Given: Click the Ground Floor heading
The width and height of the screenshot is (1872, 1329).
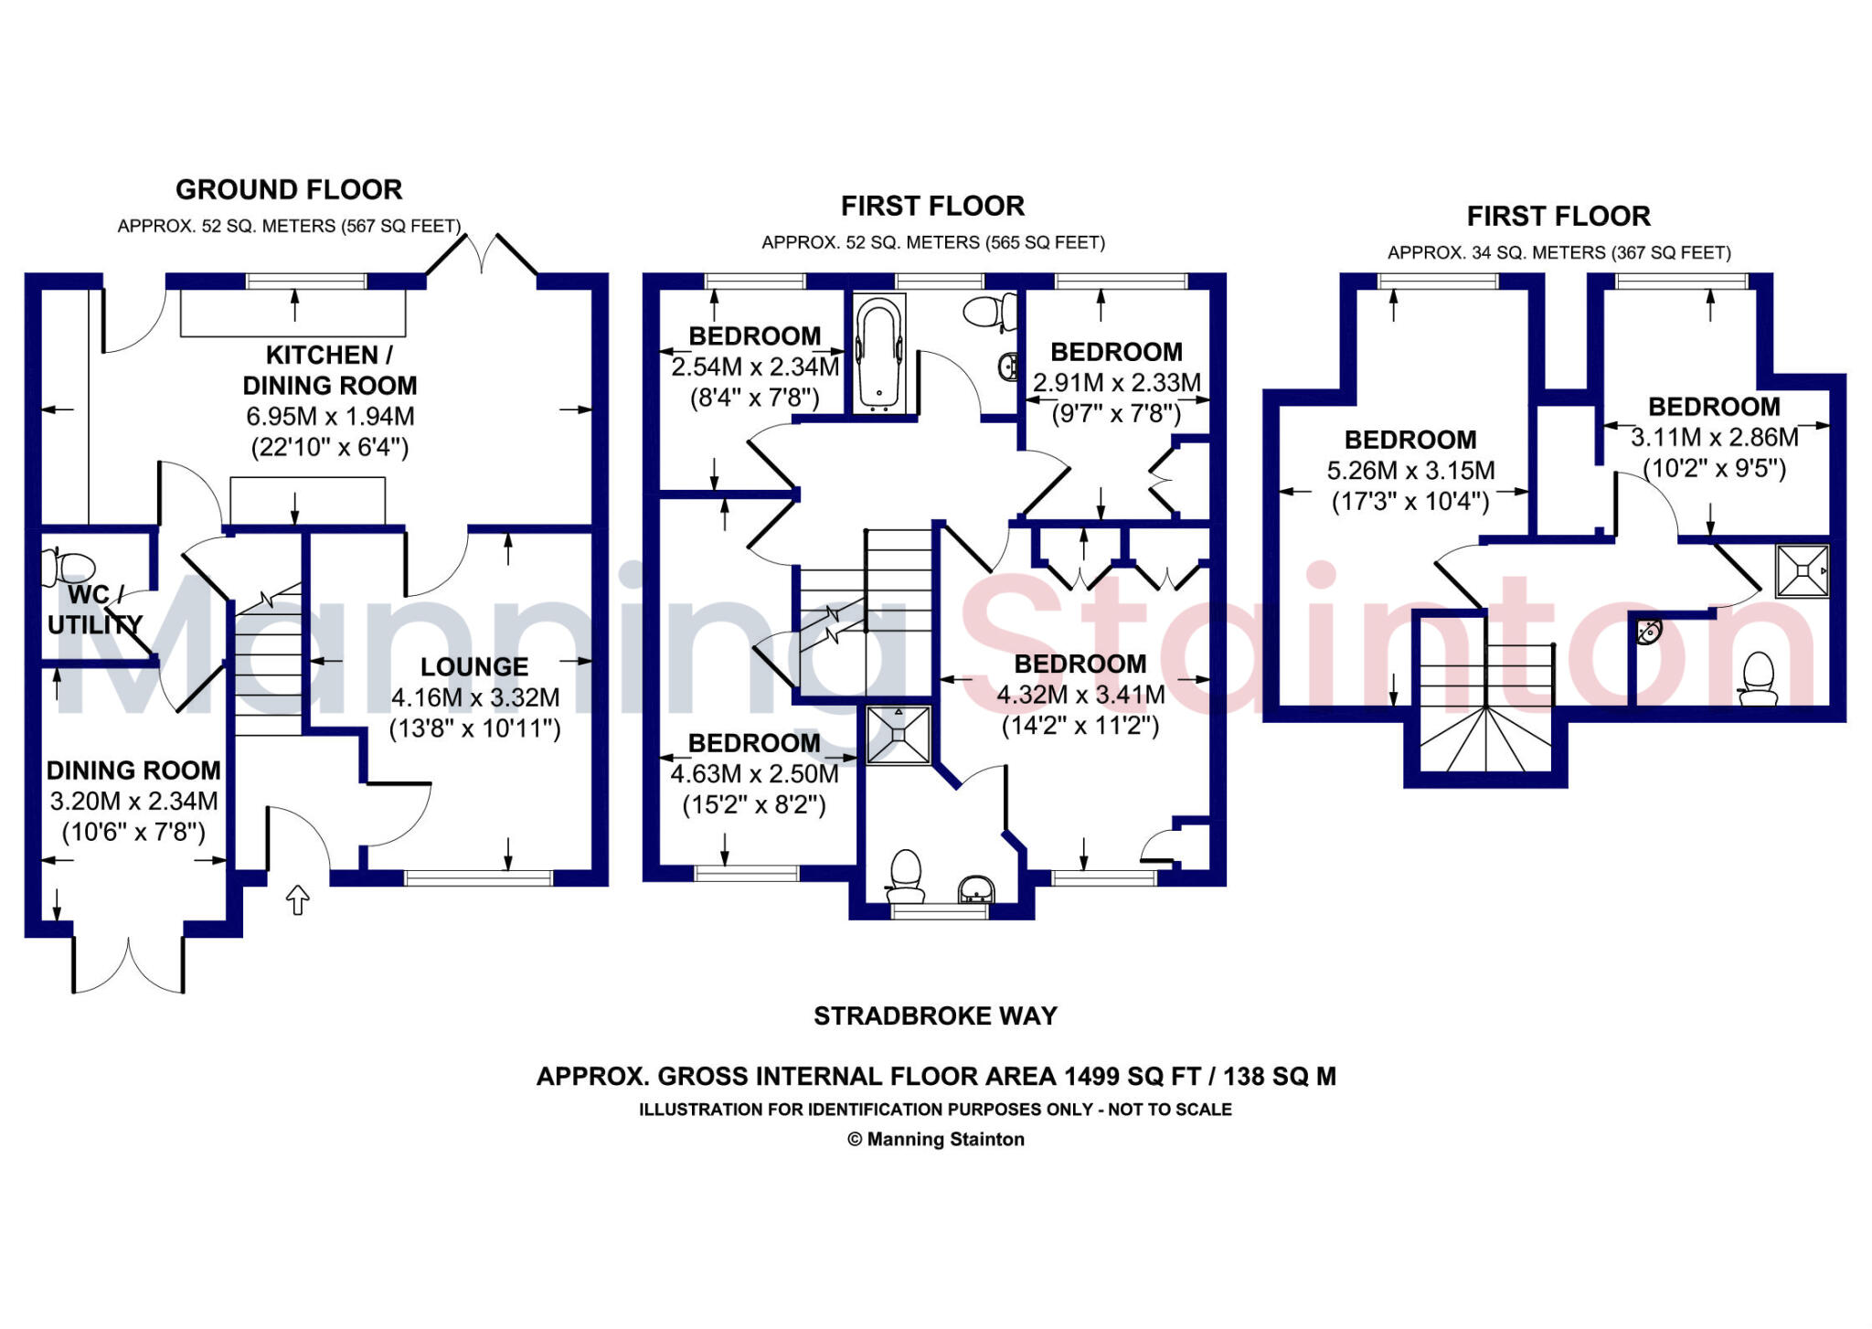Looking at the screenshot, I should [289, 190].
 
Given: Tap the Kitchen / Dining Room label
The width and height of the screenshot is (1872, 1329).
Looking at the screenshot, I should [329, 369].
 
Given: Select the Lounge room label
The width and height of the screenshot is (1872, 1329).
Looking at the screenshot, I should [474, 667].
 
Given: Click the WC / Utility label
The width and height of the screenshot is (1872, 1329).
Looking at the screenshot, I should [93, 610].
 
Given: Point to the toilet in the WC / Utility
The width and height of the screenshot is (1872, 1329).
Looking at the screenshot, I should [69, 567].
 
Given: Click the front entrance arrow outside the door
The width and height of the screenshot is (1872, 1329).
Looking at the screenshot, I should [298, 899].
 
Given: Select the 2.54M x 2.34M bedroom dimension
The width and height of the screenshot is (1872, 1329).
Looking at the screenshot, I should [755, 367].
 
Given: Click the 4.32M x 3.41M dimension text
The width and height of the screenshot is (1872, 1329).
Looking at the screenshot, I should [1080, 696].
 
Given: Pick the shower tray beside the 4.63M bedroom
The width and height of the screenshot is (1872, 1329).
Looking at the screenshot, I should [898, 734].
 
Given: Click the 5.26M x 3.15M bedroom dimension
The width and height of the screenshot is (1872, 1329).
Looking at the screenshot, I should [1410, 472].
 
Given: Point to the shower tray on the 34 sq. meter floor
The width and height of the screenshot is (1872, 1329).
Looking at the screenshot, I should [1802, 570].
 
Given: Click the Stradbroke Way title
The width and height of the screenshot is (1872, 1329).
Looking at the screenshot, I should [935, 1016].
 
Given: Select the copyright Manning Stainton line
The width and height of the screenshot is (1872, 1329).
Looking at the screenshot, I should [936, 1140].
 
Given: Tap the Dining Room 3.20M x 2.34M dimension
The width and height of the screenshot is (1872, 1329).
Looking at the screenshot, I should [133, 802].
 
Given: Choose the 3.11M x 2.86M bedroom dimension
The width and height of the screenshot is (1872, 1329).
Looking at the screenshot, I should [1714, 438].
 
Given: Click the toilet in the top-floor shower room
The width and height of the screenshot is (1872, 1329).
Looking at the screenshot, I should [1758, 679].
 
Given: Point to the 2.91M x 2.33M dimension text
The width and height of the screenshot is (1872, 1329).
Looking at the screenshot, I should [1116, 383].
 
